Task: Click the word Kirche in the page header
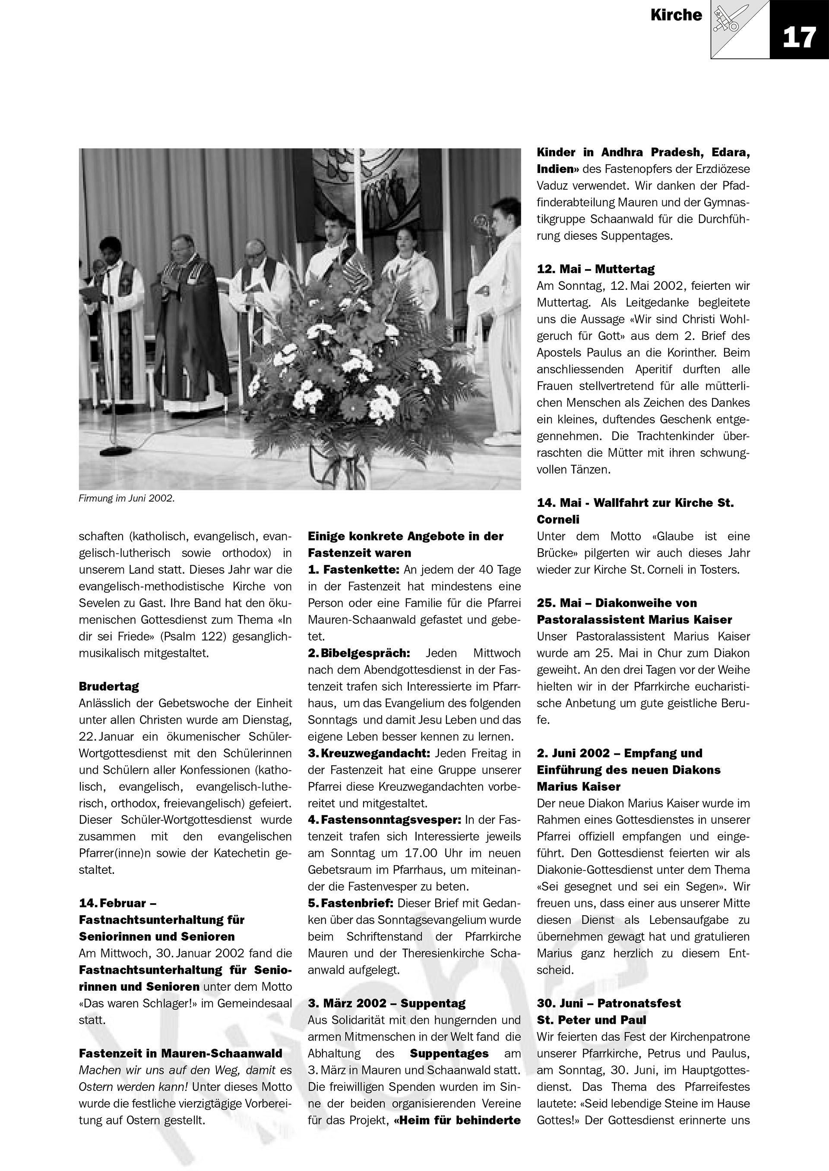tap(676, 15)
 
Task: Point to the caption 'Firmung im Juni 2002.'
tap(127, 499)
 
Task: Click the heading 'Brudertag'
tap(109, 687)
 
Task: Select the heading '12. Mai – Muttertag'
tap(595, 269)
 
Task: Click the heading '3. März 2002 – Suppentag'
tap(386, 1004)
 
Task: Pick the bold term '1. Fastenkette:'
tap(355, 570)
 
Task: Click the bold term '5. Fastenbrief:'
tap(350, 903)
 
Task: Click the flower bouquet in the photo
tap(352, 367)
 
